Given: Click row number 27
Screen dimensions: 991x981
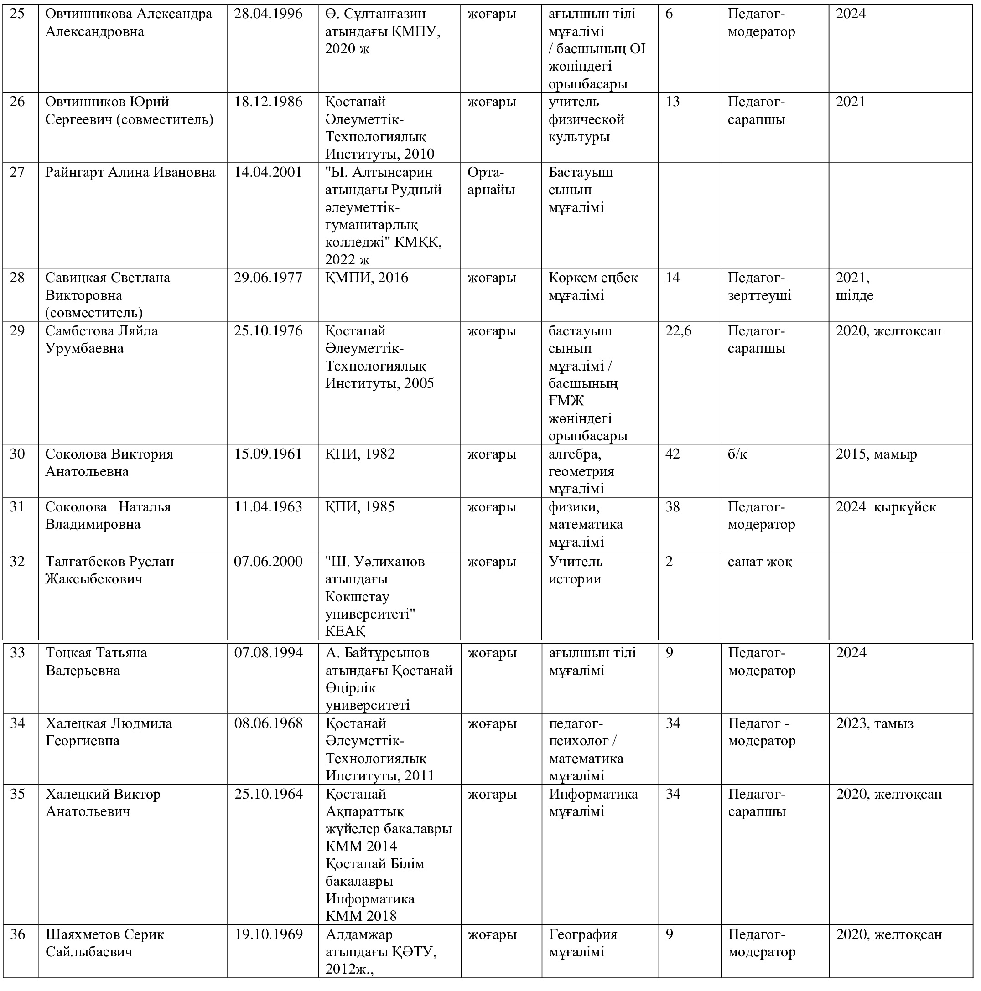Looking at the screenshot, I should (17, 172).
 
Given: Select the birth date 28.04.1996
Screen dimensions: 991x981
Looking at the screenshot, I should (268, 14).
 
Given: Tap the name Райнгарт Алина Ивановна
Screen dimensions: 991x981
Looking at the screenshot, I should (130, 172).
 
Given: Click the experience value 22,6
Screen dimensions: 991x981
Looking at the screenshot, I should (678, 331).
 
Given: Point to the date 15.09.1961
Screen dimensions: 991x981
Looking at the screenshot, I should (268, 454).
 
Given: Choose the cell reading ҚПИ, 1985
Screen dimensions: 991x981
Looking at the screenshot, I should (360, 507).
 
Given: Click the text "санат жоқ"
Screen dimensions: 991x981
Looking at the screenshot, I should (759, 562).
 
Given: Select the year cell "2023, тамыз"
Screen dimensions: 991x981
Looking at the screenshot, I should (875, 723).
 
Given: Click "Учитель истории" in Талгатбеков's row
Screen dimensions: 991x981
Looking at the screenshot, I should (575, 570).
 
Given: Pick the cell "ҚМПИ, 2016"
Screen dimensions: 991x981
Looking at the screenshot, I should (366, 278).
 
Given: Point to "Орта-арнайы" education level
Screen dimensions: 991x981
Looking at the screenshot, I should (491, 181).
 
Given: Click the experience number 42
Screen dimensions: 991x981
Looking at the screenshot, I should (673, 454).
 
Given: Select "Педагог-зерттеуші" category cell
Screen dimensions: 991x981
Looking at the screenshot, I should (759, 286).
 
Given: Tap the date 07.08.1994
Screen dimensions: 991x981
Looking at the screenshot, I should (268, 653).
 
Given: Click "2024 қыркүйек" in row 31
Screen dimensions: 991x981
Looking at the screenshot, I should (886, 507).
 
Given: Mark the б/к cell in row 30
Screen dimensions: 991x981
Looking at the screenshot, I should (737, 454).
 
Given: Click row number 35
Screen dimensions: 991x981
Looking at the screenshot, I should (17, 794).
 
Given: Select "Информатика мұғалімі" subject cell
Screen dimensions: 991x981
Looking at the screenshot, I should (593, 802).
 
